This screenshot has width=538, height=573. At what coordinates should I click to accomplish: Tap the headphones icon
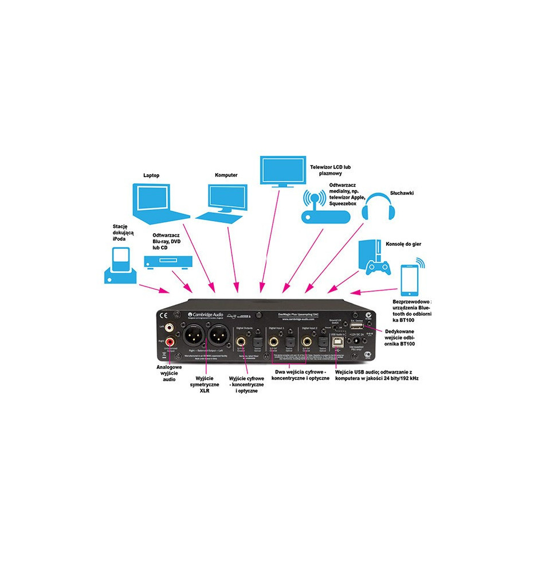379,206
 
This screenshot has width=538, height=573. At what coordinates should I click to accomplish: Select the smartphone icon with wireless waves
408,277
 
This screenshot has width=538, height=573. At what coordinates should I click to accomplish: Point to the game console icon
375,258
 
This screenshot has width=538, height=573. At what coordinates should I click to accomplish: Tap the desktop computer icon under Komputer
225,202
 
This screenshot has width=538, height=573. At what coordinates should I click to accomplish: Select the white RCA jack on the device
170,329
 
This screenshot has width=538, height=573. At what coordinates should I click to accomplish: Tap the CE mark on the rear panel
163,315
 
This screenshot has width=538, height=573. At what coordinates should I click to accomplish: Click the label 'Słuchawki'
402,193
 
